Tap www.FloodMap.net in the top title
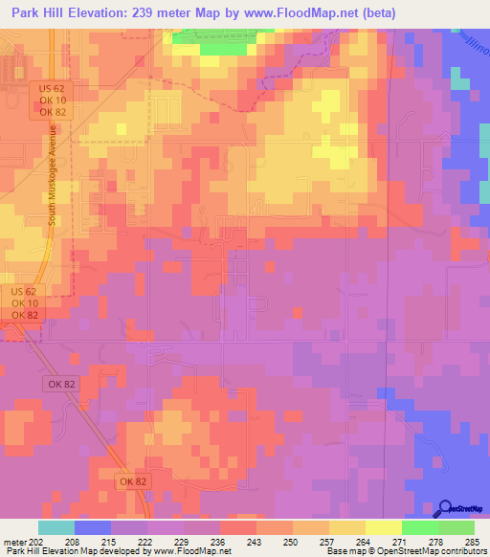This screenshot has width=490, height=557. (303, 13)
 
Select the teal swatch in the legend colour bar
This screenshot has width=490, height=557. (56, 527)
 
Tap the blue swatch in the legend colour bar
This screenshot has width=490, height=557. (92, 527)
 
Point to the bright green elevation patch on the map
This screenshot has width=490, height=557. (217, 41)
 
